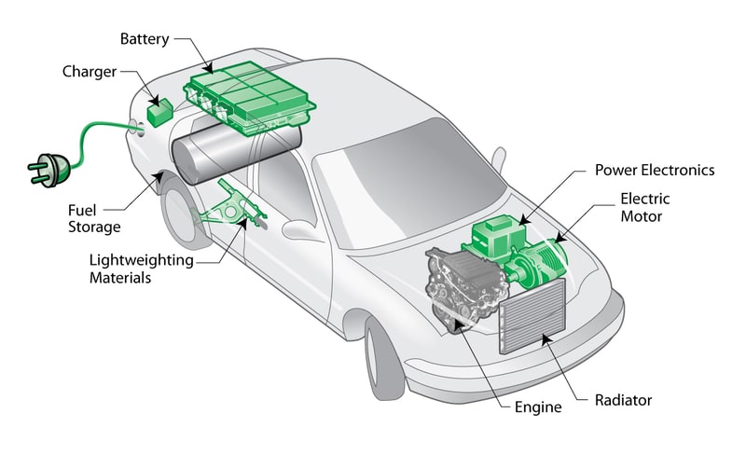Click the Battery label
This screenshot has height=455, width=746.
[145, 39]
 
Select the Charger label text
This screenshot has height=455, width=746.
[90, 72]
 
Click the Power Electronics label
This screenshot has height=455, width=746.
[654, 171]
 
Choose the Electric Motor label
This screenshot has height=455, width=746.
[644, 207]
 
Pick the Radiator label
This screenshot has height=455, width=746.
[623, 401]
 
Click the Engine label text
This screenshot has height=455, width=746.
[538, 407]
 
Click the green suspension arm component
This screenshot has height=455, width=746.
[228, 211]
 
